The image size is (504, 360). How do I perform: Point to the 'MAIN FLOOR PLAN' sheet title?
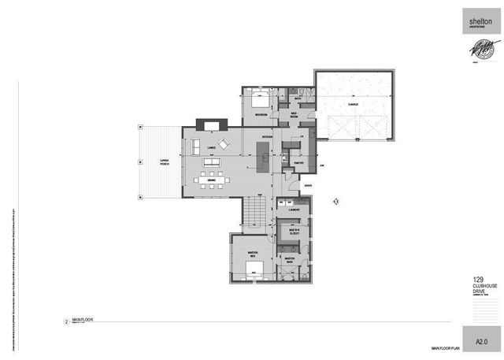447,347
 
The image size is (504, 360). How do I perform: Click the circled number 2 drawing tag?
66,321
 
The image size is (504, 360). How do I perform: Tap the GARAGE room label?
353,102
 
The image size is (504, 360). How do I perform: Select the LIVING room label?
211,147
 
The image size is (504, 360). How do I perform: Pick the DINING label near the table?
212,180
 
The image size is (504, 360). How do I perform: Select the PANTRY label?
298,163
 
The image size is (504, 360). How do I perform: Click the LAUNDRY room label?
295,210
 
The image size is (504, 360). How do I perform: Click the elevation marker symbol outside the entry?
335,201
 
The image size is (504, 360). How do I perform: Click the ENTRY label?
308,186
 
